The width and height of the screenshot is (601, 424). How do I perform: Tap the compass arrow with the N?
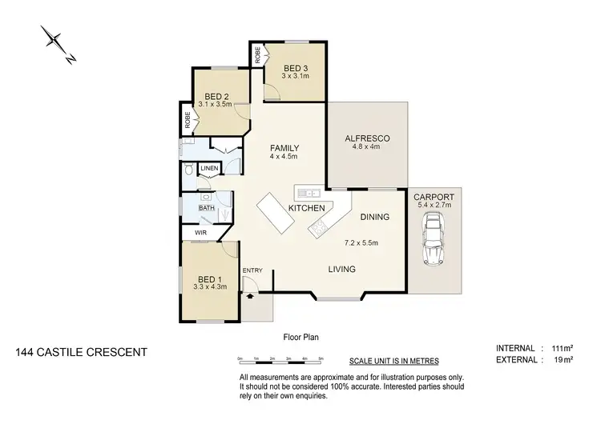58,45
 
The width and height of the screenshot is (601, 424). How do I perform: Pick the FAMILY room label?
284,148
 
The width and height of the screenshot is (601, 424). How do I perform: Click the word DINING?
374,217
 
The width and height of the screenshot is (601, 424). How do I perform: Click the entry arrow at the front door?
252,295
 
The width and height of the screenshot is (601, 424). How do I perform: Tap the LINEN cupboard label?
208,169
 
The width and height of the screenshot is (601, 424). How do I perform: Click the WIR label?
200,233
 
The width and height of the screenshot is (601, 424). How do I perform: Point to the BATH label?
207,209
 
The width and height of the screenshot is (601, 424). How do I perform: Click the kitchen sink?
309,193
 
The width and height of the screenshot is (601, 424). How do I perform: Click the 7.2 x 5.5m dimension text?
361,242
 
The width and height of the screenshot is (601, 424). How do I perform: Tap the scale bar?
280,358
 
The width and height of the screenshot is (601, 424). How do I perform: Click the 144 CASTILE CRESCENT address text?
81,351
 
